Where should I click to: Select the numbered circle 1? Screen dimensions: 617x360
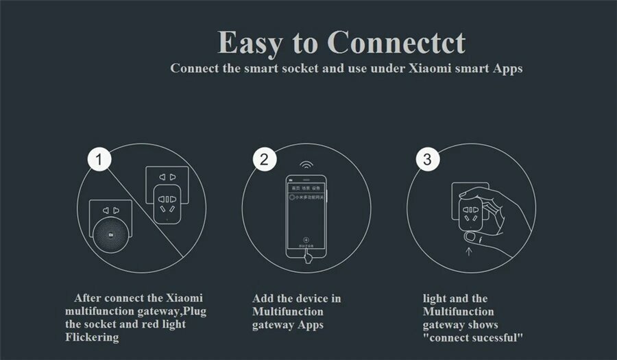click(x=100, y=160)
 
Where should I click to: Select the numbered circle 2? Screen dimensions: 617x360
click(x=264, y=160)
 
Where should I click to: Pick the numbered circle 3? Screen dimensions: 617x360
click(x=427, y=160)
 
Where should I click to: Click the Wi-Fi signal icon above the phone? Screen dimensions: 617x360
click(x=306, y=167)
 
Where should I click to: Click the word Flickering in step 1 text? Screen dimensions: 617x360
click(x=92, y=337)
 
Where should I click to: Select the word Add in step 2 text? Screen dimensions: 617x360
click(x=264, y=298)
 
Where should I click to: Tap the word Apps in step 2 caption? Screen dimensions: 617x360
click(x=309, y=324)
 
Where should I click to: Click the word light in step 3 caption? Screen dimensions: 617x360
click(x=437, y=298)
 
